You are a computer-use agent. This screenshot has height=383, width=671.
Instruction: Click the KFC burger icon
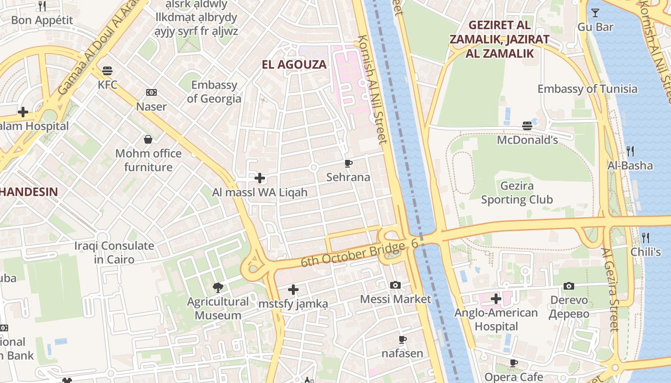[x=107, y=71]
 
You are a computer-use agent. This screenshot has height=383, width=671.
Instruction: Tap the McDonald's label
[x=527, y=140]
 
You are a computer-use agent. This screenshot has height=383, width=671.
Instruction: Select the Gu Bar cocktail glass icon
[x=595, y=13]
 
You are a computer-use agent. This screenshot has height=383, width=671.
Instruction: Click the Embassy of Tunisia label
[x=587, y=89]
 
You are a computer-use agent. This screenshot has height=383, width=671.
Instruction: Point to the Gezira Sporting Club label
[x=517, y=192]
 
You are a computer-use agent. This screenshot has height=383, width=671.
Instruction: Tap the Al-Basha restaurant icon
[x=630, y=151]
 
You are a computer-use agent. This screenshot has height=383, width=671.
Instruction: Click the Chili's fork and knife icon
[x=646, y=237]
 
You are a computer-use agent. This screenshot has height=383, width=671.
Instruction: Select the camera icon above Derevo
[x=569, y=286]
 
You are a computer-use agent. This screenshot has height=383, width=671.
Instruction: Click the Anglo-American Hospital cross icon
[x=496, y=299]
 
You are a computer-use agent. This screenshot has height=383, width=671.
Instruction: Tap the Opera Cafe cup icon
[x=514, y=363]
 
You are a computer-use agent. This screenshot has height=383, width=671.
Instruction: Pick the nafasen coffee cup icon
[x=403, y=340]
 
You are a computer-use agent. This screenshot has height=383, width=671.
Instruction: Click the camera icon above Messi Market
[x=395, y=285]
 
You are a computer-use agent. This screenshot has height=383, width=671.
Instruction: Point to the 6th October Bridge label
[x=353, y=255]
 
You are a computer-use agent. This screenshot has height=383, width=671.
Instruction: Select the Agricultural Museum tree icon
[x=218, y=287]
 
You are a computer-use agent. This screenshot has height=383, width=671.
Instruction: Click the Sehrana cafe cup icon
[x=348, y=163]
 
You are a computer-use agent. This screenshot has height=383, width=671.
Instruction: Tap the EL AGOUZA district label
[x=294, y=64]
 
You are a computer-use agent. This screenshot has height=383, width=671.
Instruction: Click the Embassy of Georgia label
[x=214, y=91]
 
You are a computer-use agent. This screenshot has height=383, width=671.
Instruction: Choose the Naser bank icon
[x=151, y=92]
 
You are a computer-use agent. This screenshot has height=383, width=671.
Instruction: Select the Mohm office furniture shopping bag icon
[x=148, y=139]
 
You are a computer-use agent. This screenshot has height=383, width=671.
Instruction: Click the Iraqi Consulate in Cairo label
[x=114, y=252]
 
